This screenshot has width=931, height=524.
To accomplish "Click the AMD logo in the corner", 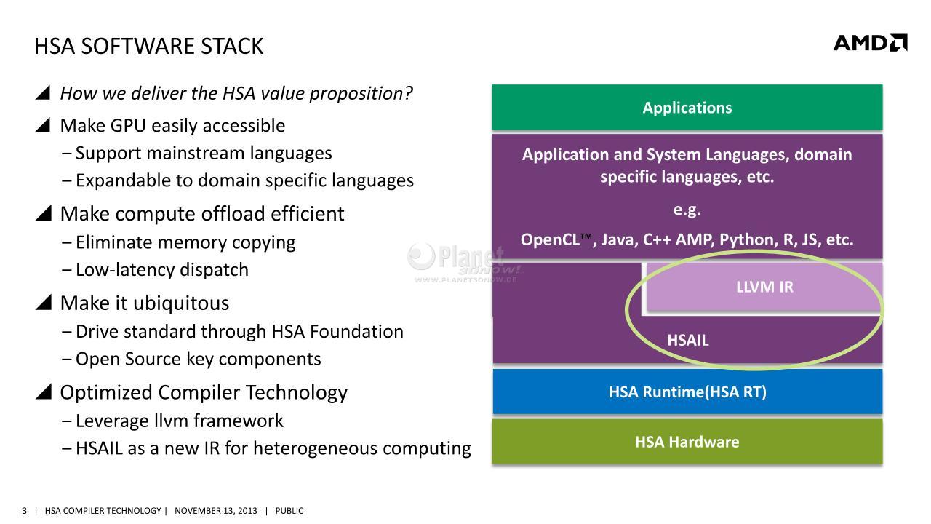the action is point(871,43).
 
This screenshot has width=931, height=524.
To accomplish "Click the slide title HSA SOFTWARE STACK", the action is point(149,46).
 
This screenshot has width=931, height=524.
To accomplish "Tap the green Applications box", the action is point(687,107).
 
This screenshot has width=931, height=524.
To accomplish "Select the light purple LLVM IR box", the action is point(764,287).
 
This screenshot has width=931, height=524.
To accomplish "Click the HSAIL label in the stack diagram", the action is point(688,340).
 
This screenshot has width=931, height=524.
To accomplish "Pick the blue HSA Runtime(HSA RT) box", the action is point(687,392).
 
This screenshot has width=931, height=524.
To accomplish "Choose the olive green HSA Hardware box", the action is point(687,442).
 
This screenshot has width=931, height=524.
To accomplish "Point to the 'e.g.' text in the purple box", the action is point(687,210).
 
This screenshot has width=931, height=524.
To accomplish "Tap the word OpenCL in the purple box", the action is point(550,239).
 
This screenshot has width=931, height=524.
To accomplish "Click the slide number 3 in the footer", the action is point(25,511).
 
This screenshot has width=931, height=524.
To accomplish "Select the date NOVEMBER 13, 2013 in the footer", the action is point(216,511).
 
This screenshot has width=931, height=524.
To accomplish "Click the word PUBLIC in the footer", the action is point(289,511).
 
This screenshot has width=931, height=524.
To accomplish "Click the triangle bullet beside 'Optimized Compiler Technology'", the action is point(44,392).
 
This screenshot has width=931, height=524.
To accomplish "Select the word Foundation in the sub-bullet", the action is point(356,332).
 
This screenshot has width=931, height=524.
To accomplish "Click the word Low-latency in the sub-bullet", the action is point(124,270).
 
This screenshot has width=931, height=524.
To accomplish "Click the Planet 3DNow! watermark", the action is point(463,263).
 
